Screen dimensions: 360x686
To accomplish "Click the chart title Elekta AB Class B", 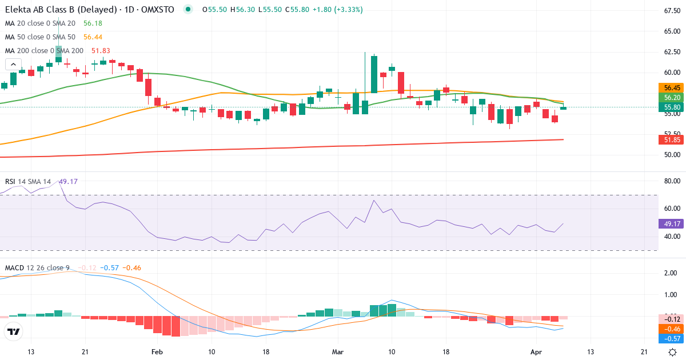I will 43,10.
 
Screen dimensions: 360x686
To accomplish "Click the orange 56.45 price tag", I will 672,88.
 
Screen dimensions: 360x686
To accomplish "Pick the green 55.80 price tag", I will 672,107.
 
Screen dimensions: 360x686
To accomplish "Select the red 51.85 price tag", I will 672,140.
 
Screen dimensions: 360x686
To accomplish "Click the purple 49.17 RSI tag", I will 672,223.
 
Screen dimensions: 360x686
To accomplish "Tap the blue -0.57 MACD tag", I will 672,339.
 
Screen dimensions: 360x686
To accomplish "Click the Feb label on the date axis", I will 157,352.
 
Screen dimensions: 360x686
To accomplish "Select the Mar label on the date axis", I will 338,352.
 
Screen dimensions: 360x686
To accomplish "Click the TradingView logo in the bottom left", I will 13,332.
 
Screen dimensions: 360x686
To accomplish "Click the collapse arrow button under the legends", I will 13,65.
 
